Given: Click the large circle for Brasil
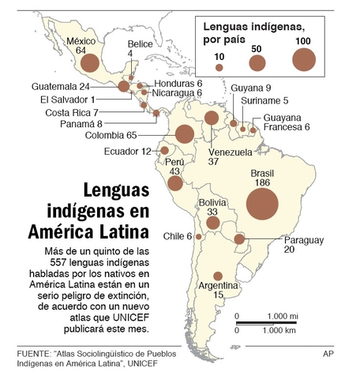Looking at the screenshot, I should pos(262,205).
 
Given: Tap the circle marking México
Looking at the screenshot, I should pos(92,63).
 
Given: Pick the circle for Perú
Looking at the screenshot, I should pos(174,184).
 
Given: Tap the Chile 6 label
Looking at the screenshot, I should pos(178,236).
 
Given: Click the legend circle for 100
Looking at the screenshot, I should pos(302,59).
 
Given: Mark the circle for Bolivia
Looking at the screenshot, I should pos(212,223).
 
